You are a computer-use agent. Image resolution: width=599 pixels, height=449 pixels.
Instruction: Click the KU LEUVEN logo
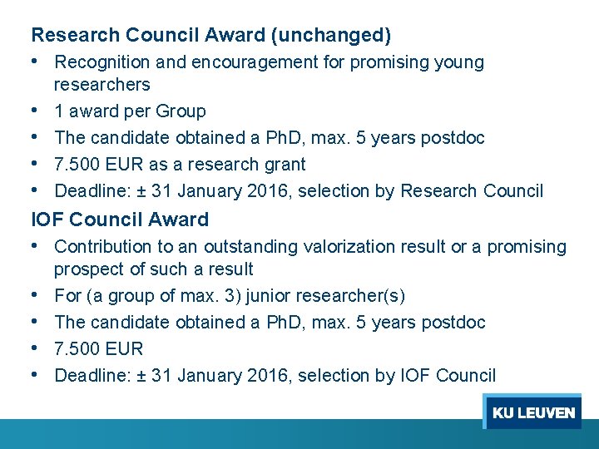[x=533, y=412]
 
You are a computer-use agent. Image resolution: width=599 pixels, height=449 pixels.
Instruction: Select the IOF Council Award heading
[x=120, y=220]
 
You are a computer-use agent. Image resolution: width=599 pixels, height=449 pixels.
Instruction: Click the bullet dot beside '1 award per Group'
[x=37, y=111]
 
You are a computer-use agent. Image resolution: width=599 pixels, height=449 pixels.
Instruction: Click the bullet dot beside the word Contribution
[x=37, y=246]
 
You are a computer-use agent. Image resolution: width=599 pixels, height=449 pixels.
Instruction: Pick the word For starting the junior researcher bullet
[x=67, y=296]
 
